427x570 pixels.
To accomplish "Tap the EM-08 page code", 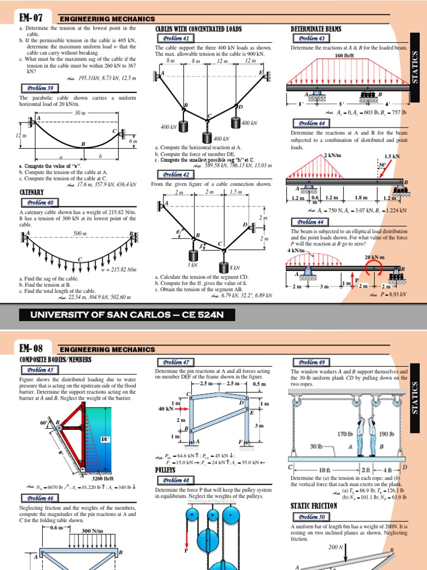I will click(31, 348).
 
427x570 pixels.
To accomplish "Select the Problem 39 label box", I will click(38, 88).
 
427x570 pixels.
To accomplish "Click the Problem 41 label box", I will click(175, 38).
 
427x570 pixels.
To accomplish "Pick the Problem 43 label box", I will click(312, 38).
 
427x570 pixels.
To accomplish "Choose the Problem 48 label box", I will click(175, 480).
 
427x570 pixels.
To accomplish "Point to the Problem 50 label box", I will click(312, 516).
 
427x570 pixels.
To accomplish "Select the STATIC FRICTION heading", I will click(314, 505).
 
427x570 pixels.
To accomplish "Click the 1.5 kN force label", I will click(392, 157).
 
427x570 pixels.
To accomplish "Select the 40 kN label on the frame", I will click(165, 409).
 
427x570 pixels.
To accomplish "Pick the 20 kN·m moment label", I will click(375, 257).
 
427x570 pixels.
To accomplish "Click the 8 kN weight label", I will click(235, 268).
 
